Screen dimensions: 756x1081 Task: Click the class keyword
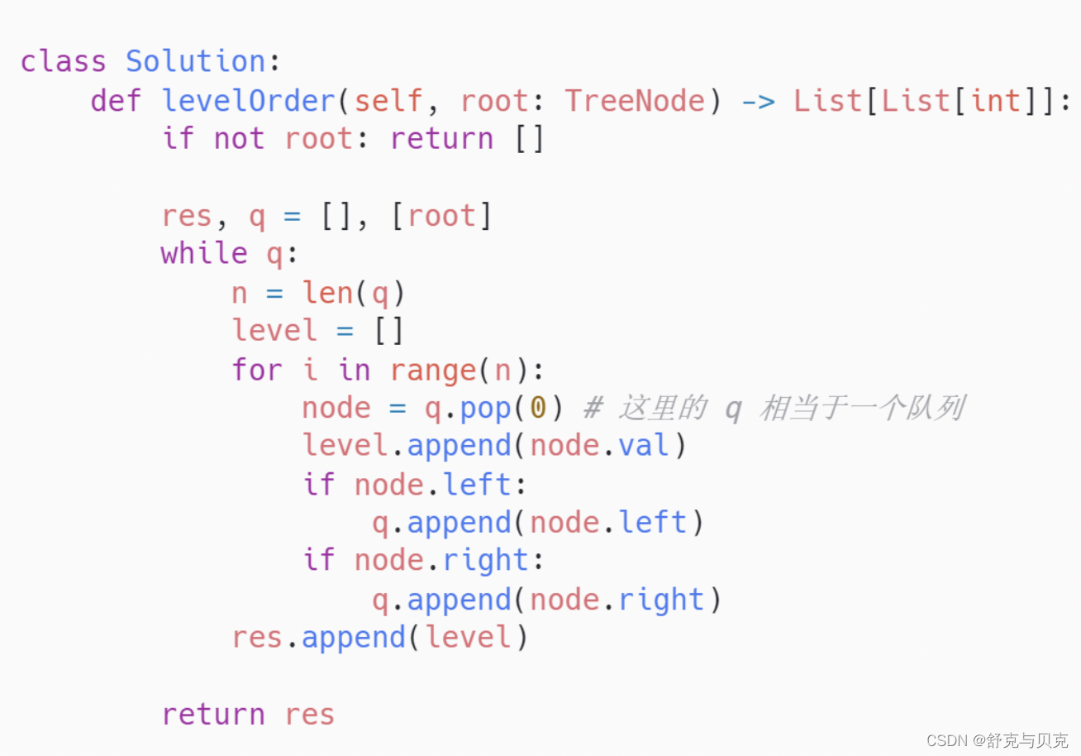click(63, 62)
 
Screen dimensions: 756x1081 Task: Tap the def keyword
click(116, 101)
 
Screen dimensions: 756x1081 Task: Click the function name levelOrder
click(248, 101)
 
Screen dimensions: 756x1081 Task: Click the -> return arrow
click(758, 101)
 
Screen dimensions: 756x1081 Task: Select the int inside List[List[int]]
click(996, 101)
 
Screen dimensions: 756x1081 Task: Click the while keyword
click(203, 254)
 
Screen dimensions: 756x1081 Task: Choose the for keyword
click(256, 369)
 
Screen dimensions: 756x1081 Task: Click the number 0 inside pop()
click(538, 408)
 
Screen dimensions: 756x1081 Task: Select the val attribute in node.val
click(645, 446)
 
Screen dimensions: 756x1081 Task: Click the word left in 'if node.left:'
click(478, 484)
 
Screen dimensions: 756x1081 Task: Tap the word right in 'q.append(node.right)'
click(661, 600)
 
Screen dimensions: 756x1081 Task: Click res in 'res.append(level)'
click(256, 638)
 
